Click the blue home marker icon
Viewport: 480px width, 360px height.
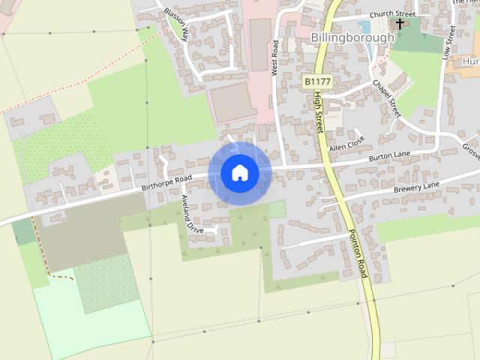pos(240,173)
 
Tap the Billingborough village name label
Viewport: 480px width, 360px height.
pos(352,37)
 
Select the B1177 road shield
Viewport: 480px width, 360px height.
pos(316,79)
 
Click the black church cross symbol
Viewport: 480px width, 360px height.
pos(400,24)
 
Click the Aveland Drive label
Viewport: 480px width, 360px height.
pos(191,214)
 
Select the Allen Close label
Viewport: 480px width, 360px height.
pos(346,142)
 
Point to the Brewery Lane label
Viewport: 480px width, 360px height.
pos(416,187)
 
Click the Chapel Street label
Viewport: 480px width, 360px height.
pos(387,97)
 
